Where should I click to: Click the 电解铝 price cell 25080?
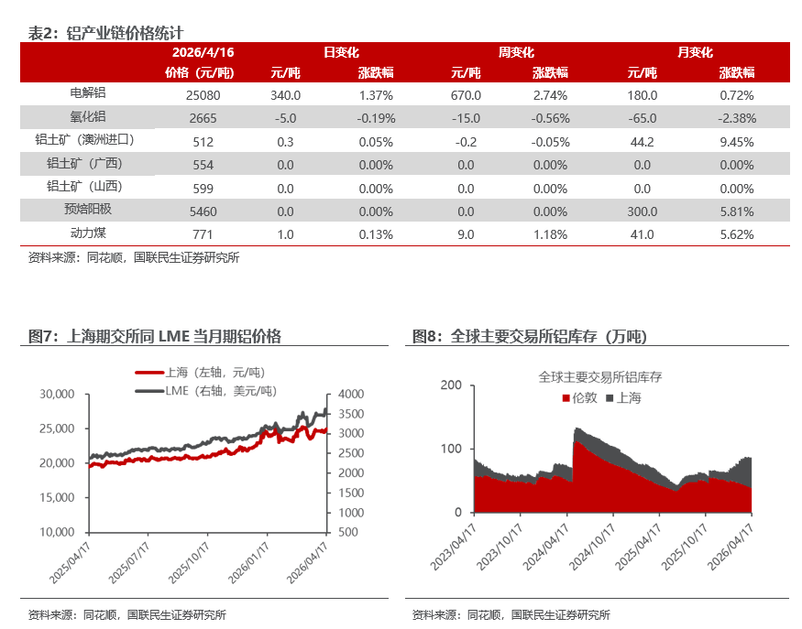(x=200, y=94)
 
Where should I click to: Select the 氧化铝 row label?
(x=88, y=116)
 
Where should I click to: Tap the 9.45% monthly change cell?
(x=736, y=142)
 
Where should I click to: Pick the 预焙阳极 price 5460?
(x=200, y=211)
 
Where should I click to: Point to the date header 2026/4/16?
(x=200, y=53)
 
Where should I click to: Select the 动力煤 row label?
(x=88, y=233)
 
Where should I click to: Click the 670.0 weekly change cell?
(x=466, y=94)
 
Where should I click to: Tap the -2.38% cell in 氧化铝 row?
(x=736, y=117)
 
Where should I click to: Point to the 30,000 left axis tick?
(x=57, y=394)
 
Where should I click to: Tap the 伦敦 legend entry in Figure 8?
(x=584, y=397)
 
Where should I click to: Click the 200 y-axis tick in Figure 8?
(x=451, y=385)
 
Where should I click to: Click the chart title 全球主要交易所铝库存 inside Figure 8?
(x=600, y=376)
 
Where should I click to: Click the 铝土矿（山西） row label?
(x=88, y=187)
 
